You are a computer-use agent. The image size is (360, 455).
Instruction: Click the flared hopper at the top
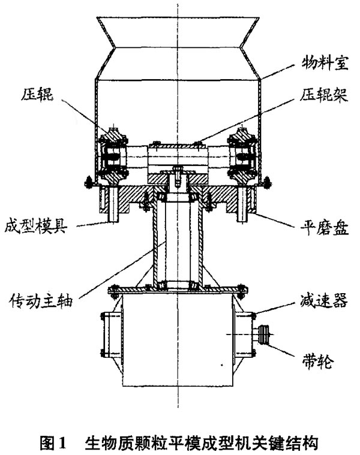coord(178,42)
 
